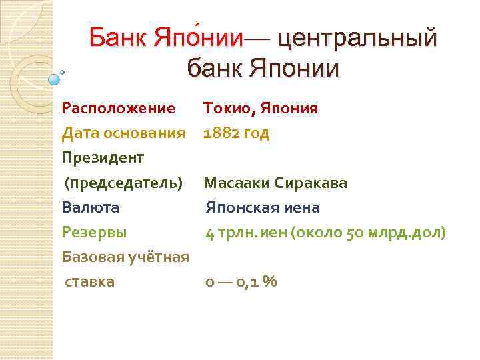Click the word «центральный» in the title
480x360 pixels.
tap(357, 39)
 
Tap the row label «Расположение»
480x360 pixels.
tap(118, 108)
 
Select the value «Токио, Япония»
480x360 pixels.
tap(261, 108)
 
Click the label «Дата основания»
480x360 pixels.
tap(123, 133)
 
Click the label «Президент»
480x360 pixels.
tap(103, 158)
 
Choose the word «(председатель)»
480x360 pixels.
tap(123, 183)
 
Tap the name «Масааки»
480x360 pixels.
tap(237, 183)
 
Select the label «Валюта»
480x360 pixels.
tap(90, 207)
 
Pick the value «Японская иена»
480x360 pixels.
tap(263, 207)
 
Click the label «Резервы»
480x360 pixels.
tap(94, 233)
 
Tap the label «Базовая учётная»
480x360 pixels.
tap(125, 257)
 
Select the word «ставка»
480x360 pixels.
tap(89, 281)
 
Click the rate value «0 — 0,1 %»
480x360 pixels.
tap(241, 282)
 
